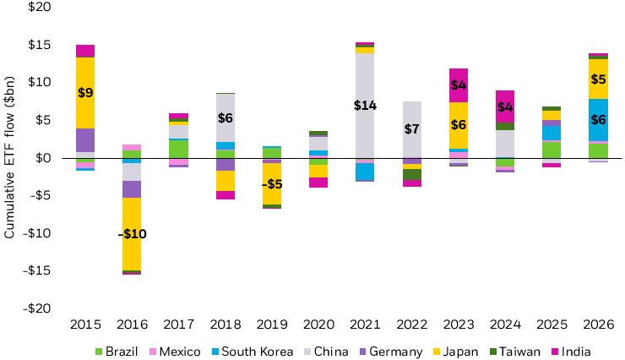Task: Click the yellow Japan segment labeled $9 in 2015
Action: click(x=84, y=92)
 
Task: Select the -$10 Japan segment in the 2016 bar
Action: click(x=132, y=234)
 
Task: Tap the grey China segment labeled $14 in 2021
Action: click(x=365, y=106)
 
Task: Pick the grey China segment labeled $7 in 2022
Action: click(x=411, y=129)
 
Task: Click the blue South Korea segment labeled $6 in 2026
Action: click(x=597, y=120)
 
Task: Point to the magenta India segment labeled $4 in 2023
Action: click(x=458, y=85)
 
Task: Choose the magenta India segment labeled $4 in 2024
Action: click(x=504, y=106)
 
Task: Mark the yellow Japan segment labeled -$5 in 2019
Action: click(x=271, y=183)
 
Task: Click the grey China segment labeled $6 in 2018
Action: click(x=225, y=117)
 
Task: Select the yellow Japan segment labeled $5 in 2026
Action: click(x=597, y=79)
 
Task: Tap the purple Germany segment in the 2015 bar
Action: click(x=84, y=140)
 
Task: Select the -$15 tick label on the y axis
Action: click(x=37, y=270)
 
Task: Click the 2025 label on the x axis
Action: click(x=551, y=325)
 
